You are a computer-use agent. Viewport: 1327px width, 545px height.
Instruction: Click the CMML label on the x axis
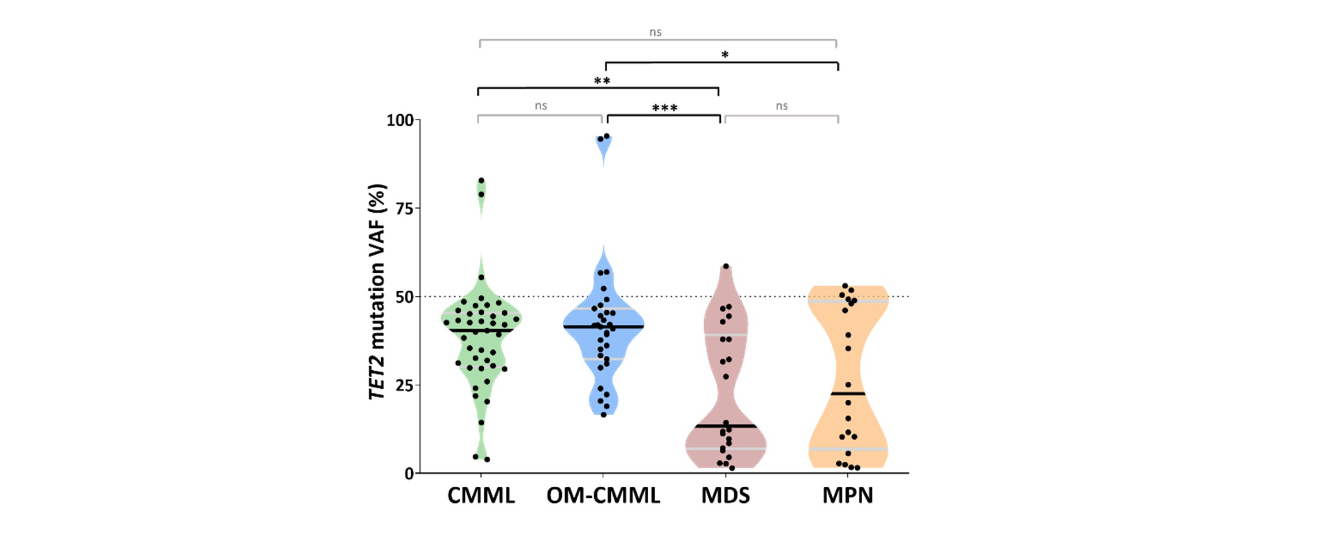pos(481,495)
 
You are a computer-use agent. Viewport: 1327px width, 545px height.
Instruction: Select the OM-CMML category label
pos(603,495)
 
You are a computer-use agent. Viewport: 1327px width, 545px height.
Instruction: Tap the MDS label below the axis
pos(725,495)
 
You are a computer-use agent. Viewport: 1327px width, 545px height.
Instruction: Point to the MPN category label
pos(848,495)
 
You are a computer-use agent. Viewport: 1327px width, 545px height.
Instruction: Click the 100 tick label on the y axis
pos(400,121)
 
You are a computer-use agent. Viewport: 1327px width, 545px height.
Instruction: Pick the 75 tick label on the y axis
pos(404,209)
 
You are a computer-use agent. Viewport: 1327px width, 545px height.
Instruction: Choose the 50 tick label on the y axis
pos(404,297)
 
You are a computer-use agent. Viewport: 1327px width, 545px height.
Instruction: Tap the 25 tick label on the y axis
pos(404,385)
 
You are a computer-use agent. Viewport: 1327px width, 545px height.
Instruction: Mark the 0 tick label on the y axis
pos(409,473)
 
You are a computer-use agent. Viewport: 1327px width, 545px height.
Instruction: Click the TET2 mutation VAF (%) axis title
pos(377,292)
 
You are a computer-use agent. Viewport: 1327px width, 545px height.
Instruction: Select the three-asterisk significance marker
pos(664,108)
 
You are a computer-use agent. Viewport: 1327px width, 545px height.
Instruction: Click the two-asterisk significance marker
pos(602,81)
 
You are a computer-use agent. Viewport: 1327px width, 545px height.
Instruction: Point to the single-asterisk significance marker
pos(725,55)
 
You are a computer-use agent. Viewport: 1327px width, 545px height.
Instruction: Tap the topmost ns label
pos(655,32)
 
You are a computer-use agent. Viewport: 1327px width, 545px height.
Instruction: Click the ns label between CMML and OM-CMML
pos(540,106)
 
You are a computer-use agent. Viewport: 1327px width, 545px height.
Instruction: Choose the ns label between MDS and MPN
pos(781,106)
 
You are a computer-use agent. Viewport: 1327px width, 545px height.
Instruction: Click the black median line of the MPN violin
pos(848,394)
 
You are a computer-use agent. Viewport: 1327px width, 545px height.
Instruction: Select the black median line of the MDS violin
pos(725,426)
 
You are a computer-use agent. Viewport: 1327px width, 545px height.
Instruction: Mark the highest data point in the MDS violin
pos(726,266)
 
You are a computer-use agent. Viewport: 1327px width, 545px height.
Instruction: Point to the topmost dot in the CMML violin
pos(482,181)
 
